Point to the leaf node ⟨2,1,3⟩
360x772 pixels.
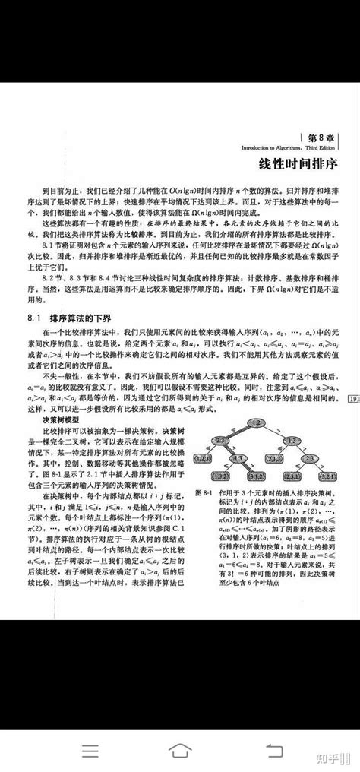tap(273, 457)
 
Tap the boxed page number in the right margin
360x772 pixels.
tap(353, 398)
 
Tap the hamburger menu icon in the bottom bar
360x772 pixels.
tap(90, 751)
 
